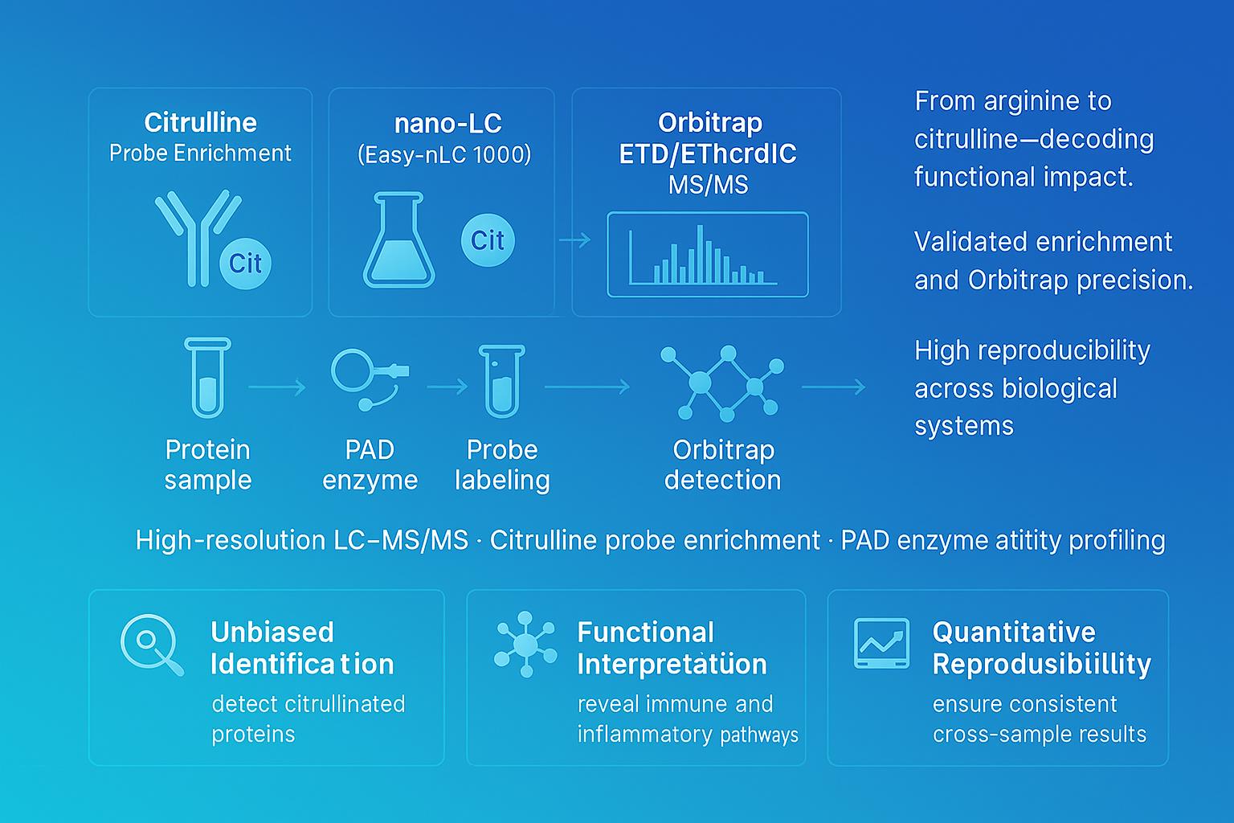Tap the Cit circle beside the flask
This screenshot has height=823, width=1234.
(488, 240)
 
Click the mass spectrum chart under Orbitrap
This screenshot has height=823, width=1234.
(707, 254)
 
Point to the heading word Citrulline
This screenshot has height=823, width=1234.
(200, 122)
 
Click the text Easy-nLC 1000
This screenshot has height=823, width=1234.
(444, 154)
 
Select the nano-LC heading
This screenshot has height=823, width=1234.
(447, 123)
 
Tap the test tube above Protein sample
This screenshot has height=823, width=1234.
(207, 377)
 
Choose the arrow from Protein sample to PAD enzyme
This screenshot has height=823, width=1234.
(277, 387)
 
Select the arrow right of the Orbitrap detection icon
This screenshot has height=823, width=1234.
(833, 387)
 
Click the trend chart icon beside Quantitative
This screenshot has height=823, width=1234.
(881, 643)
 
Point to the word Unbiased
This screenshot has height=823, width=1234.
(272, 632)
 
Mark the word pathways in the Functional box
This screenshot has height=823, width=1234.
(759, 735)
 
